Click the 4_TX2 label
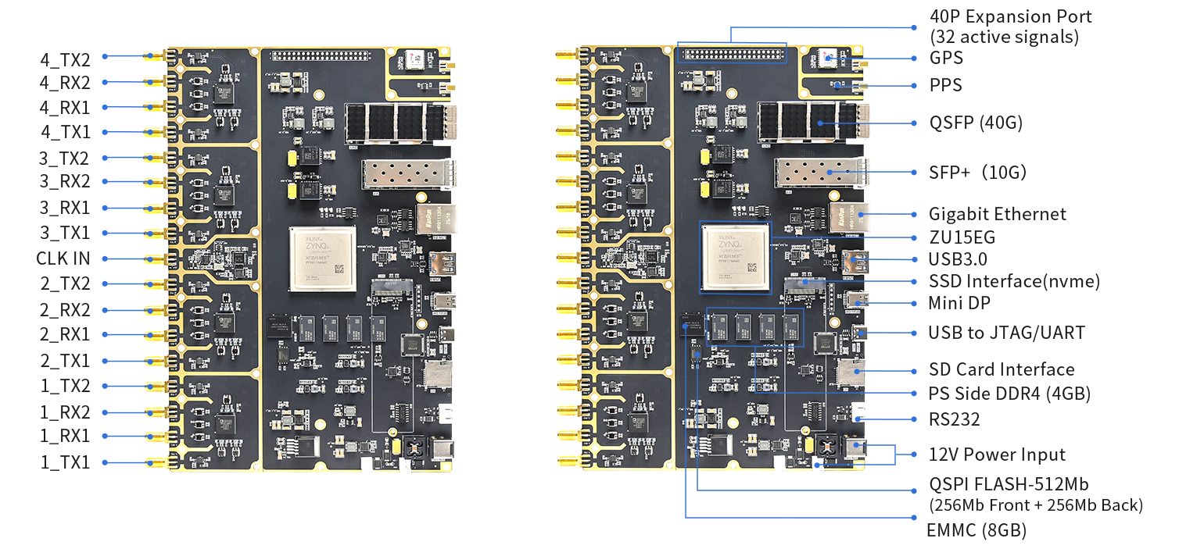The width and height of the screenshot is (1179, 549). pyautogui.click(x=65, y=59)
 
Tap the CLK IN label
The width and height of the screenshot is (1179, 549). pyautogui.click(x=63, y=258)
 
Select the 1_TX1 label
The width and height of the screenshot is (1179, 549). pyautogui.click(x=65, y=462)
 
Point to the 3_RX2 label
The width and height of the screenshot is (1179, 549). pyautogui.click(x=65, y=182)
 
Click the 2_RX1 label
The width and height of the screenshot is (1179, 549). pyautogui.click(x=65, y=334)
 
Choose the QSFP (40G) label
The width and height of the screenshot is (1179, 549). pyautogui.click(x=975, y=123)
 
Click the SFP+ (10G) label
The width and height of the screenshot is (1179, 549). pyautogui.click(x=977, y=172)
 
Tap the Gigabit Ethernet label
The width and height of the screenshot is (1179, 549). pyautogui.click(x=997, y=214)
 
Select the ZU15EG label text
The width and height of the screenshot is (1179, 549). pyautogui.click(x=962, y=237)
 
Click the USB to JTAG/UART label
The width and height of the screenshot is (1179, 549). pyautogui.click(x=1005, y=333)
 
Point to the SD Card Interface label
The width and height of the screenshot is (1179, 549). pyautogui.click(x=1001, y=369)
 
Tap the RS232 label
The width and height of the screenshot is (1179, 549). pyautogui.click(x=954, y=419)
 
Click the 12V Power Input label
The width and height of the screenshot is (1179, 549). pyautogui.click(x=997, y=455)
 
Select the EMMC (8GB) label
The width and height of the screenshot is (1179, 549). pyautogui.click(x=976, y=530)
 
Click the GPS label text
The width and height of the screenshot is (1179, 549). pyautogui.click(x=946, y=58)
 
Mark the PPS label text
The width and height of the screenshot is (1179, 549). pyautogui.click(x=945, y=85)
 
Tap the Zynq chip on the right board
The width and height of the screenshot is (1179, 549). pyautogui.click(x=734, y=257)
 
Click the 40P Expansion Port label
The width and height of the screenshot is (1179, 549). pyautogui.click(x=1010, y=17)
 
